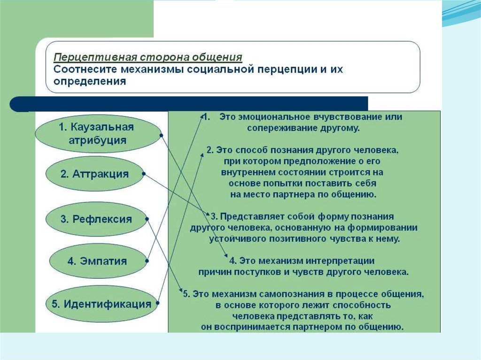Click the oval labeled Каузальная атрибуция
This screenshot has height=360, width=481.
(97, 134)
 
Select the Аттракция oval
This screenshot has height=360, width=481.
(94, 174)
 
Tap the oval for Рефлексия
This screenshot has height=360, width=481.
(96, 219)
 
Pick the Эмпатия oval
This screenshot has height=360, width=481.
(97, 261)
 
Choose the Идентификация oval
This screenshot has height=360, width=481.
(101, 304)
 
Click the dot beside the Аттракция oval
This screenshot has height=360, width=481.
(143, 174)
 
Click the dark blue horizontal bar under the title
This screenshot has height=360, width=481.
(188, 104)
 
